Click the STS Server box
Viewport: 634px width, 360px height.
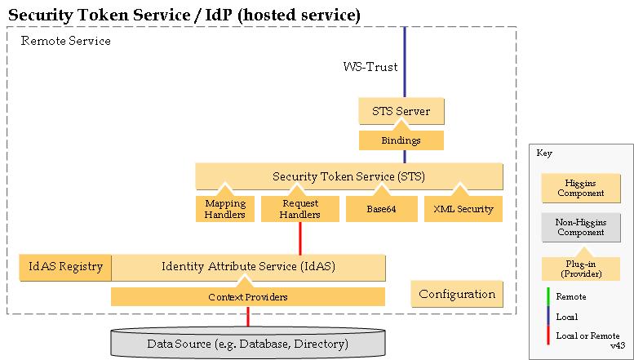tap(401, 111)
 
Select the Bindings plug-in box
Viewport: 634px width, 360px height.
tap(401, 140)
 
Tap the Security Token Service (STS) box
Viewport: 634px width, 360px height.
tap(349, 176)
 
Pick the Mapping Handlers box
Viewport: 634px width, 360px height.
tap(225, 209)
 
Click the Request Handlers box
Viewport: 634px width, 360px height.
tap(300, 209)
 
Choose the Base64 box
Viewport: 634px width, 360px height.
tap(381, 209)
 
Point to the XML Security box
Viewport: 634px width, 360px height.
tap(463, 209)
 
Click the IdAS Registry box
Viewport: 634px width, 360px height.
tap(65, 268)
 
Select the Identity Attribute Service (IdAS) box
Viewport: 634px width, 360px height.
tap(248, 268)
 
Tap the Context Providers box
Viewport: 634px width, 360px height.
tap(248, 296)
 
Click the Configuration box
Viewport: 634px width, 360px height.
tap(457, 294)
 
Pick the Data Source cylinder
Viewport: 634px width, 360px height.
tap(248, 343)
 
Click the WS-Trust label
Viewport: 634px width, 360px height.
tap(370, 67)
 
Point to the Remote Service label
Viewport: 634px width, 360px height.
tap(65, 41)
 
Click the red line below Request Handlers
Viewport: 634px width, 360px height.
tap(300, 238)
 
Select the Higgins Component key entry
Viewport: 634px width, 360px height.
tap(581, 188)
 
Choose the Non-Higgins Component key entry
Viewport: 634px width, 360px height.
tap(581, 227)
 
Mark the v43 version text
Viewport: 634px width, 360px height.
tap(618, 346)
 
